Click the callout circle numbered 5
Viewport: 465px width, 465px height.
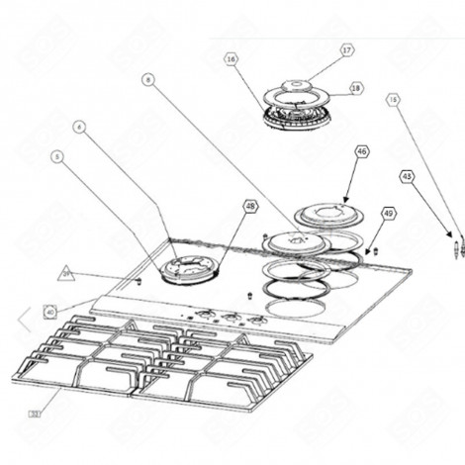(x=57, y=156)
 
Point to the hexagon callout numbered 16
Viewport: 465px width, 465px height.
(x=232, y=60)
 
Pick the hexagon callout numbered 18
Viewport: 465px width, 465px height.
(x=356, y=88)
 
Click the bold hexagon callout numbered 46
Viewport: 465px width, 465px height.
(x=362, y=151)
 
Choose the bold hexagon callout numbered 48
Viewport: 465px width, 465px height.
(x=250, y=207)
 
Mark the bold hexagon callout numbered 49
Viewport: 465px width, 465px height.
(x=388, y=213)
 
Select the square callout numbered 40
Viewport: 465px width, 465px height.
(x=50, y=312)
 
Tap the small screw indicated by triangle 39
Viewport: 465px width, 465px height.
(x=139, y=280)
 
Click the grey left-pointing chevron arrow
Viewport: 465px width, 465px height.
(x=22, y=318)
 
